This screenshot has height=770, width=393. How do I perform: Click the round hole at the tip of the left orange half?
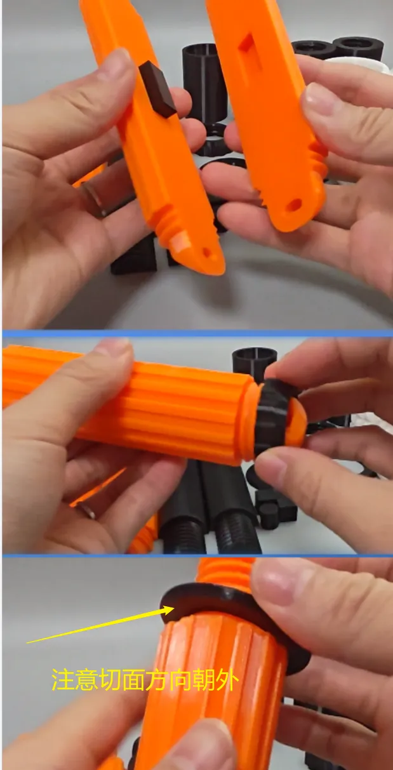206,253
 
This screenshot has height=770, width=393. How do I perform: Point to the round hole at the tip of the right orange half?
293,205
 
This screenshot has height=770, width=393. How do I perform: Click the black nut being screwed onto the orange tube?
275,416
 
